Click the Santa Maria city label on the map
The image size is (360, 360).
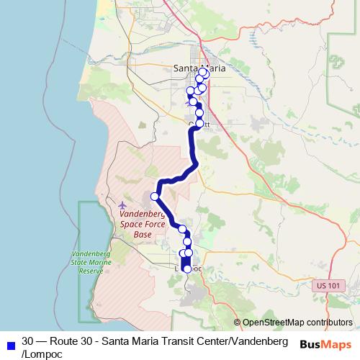click(x=199, y=68)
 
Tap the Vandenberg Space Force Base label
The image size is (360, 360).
click(x=143, y=224)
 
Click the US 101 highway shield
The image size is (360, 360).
click(x=327, y=286)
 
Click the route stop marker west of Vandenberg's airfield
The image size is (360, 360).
click(x=154, y=197)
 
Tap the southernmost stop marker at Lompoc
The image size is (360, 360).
click(x=188, y=269)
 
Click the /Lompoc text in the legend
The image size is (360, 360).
click(x=42, y=354)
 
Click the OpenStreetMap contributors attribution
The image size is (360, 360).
click(x=297, y=323)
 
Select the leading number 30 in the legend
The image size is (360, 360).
click(x=28, y=339)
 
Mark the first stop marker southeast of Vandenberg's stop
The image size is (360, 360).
click(x=183, y=230)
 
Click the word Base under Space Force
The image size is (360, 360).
click(x=143, y=234)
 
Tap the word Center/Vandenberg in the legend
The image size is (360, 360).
click(x=236, y=339)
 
